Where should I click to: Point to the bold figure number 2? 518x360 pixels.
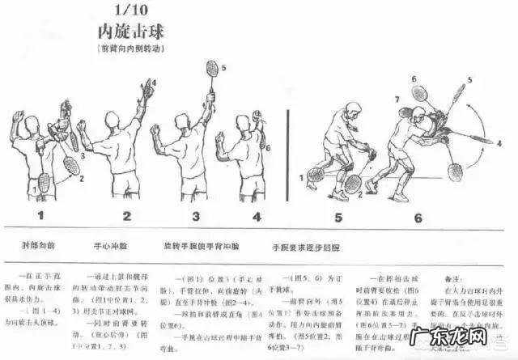127,216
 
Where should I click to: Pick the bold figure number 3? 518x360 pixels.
196,216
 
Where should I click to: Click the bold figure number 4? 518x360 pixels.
257,216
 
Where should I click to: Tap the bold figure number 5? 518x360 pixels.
338,217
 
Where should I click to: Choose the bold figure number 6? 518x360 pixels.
418,217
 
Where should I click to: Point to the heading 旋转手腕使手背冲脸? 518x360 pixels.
196,243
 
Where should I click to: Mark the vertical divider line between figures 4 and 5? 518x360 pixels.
288,154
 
